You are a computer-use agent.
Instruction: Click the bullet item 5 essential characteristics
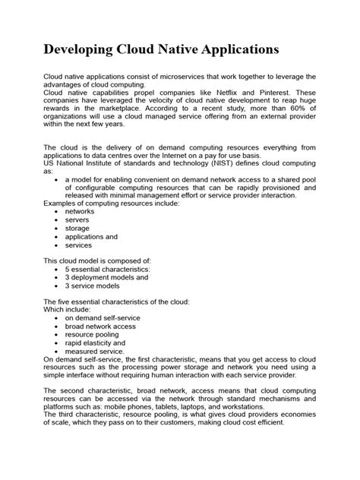107,270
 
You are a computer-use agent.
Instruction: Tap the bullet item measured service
94,352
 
